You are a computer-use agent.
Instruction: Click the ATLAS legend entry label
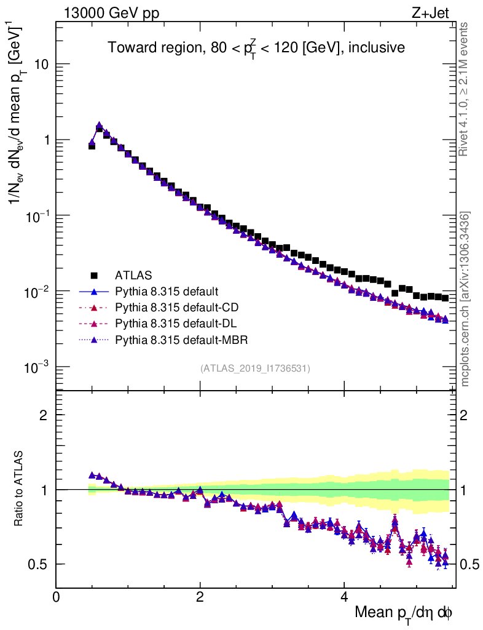[133, 274]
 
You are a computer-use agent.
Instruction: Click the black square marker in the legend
[94, 274]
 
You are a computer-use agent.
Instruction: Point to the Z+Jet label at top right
[433, 12]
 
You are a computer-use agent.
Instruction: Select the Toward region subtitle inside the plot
[256, 48]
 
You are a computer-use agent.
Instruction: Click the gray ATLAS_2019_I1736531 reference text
[255, 369]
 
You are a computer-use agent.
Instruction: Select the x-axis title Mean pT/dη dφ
[404, 613]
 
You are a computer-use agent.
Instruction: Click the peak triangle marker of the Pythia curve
[99, 126]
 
